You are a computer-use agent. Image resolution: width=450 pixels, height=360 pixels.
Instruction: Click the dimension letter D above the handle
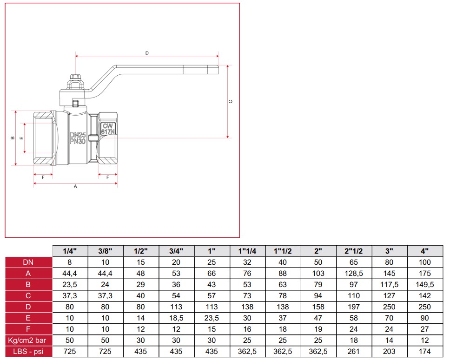pos(147,53)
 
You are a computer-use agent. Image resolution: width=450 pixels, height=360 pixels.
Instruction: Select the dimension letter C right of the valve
pos(231,101)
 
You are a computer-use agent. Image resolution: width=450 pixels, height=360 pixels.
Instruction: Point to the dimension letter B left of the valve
pos(13,138)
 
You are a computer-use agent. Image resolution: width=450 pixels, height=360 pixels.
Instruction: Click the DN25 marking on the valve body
pos(78,135)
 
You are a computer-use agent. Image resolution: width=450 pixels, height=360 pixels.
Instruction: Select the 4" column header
pos(424,251)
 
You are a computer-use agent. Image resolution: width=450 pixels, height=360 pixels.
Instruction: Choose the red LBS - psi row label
pos(28,351)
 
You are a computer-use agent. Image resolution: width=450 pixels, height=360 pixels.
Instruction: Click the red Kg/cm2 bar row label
pos(28,340)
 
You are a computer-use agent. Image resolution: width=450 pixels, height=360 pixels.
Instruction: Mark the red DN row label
pos(28,262)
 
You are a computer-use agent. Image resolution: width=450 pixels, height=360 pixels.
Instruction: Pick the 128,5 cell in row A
pos(354,273)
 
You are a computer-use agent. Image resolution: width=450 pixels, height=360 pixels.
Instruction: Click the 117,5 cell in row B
pos(389,284)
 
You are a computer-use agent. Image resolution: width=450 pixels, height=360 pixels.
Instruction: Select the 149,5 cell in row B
pos(424,284)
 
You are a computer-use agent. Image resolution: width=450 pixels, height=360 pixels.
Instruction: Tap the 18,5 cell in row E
pos(177,318)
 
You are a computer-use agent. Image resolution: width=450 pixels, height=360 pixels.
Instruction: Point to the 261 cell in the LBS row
pos(354,351)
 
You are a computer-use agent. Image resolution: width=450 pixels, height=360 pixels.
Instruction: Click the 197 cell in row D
pos(354,307)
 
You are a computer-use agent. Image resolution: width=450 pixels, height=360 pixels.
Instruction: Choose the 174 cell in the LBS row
pos(424,351)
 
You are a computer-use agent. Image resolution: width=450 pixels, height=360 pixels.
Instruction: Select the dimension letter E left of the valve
pos(21,138)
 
